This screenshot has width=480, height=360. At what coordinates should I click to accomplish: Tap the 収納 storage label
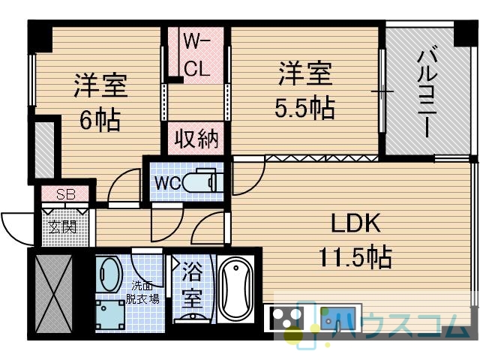pyautogui.click(x=196, y=139)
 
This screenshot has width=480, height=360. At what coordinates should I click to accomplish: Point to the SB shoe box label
pyautogui.click(x=66, y=194)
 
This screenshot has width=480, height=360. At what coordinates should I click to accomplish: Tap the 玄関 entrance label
pyautogui.click(x=62, y=227)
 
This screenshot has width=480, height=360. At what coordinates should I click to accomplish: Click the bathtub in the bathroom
pyautogui.click(x=235, y=289)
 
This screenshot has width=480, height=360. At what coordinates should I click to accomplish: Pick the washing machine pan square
pyautogui.click(x=110, y=315)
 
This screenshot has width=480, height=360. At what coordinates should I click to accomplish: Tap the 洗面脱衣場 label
pyautogui.click(x=142, y=292)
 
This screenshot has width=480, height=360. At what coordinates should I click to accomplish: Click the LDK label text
pyautogui.click(x=356, y=223)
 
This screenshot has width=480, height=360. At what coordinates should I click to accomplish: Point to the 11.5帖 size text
pyautogui.click(x=355, y=256)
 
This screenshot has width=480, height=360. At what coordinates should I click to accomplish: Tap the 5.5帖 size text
pyautogui.click(x=305, y=108)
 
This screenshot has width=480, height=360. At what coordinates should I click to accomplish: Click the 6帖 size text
pyautogui.click(x=100, y=120)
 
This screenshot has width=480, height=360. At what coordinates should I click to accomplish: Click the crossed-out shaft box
pyautogui.click(x=53, y=293)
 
